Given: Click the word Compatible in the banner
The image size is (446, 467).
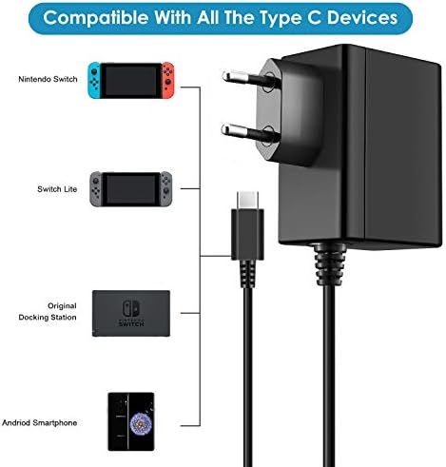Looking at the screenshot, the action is click(x=96, y=17).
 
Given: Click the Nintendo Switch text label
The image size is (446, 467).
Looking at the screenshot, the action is click(x=48, y=79).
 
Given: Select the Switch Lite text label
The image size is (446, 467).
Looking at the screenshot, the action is click(x=57, y=189).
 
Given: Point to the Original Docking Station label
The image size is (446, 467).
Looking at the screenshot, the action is click(x=48, y=312).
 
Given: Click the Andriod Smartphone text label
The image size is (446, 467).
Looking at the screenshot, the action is click(x=40, y=422).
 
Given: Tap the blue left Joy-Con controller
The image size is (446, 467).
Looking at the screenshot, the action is click(x=94, y=81).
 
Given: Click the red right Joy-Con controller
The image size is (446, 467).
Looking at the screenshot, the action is click(x=167, y=81).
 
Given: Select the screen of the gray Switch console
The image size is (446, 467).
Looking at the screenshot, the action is click(x=131, y=189).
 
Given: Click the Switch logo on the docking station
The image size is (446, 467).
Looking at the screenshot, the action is click(x=131, y=313).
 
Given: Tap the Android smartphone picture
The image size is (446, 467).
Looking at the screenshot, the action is click(x=131, y=421).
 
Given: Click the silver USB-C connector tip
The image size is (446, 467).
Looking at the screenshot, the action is click(x=247, y=201).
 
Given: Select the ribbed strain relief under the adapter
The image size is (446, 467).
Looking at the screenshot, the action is click(x=330, y=264).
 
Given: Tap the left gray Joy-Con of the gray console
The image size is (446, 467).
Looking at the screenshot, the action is click(x=96, y=189).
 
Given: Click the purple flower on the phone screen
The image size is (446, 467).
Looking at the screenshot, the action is click(x=142, y=424).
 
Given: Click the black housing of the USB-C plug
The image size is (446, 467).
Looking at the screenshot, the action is click(x=247, y=235).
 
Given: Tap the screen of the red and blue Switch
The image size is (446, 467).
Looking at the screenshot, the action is click(x=131, y=81).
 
